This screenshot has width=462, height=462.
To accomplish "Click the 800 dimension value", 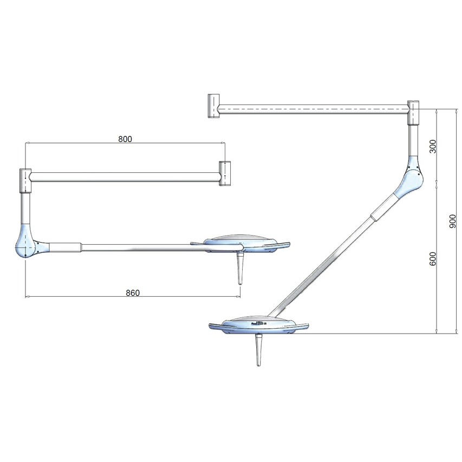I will [x=125, y=139].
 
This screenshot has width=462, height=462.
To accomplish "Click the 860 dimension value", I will [x=133, y=292].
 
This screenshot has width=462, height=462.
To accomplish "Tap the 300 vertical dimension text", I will [x=433, y=147].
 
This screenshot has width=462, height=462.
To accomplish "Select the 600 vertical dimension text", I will [x=433, y=259].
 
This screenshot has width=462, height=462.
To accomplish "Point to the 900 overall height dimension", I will [x=453, y=221].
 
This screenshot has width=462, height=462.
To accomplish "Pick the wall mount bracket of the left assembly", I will [x=225, y=173].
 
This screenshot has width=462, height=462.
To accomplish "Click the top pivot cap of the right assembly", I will [x=413, y=112].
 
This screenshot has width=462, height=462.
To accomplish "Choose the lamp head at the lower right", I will [x=258, y=324].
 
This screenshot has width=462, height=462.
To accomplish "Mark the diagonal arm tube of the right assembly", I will [x=330, y=259].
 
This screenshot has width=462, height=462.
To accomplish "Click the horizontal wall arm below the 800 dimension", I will [x=125, y=177].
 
